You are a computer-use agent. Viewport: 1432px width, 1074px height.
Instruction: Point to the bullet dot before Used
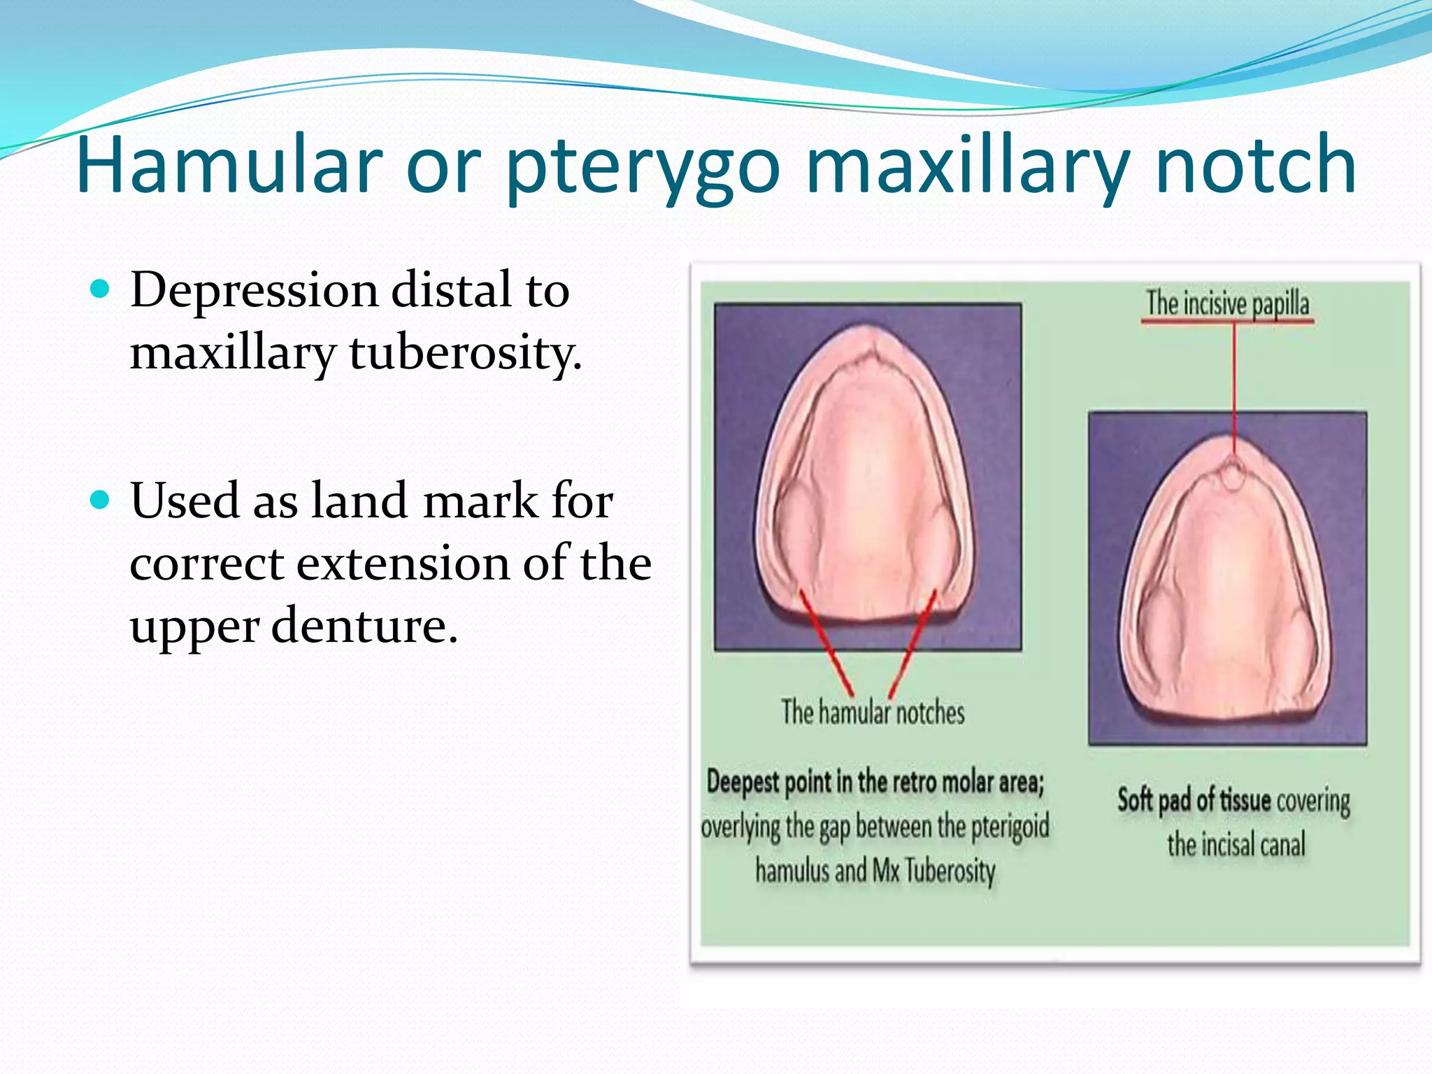[101, 500]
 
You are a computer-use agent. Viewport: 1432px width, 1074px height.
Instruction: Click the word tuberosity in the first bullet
[465, 352]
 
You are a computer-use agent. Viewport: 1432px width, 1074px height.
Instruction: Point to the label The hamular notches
[873, 713]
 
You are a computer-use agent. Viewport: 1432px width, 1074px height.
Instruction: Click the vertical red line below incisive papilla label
[1234, 385]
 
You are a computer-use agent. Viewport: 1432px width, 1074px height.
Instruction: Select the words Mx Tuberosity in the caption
[934, 871]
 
